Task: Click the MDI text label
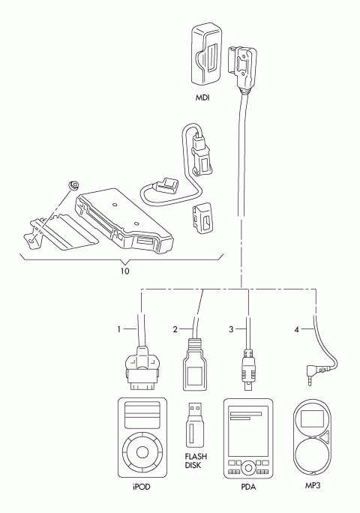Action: click(202, 97)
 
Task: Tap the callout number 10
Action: click(124, 271)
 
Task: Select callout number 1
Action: click(119, 329)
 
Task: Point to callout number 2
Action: click(175, 329)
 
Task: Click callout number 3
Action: click(231, 329)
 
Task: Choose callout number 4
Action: click(296, 329)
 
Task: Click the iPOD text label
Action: click(142, 487)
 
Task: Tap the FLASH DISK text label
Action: click(196, 460)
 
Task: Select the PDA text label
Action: click(248, 487)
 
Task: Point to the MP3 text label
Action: click(313, 485)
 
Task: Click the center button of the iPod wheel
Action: click(142, 452)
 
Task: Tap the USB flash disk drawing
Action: click(196, 424)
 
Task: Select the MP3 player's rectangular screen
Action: click(312, 418)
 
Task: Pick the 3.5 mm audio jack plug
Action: click(314, 373)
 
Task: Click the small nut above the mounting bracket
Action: click(74, 185)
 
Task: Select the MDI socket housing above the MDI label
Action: click(206, 55)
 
